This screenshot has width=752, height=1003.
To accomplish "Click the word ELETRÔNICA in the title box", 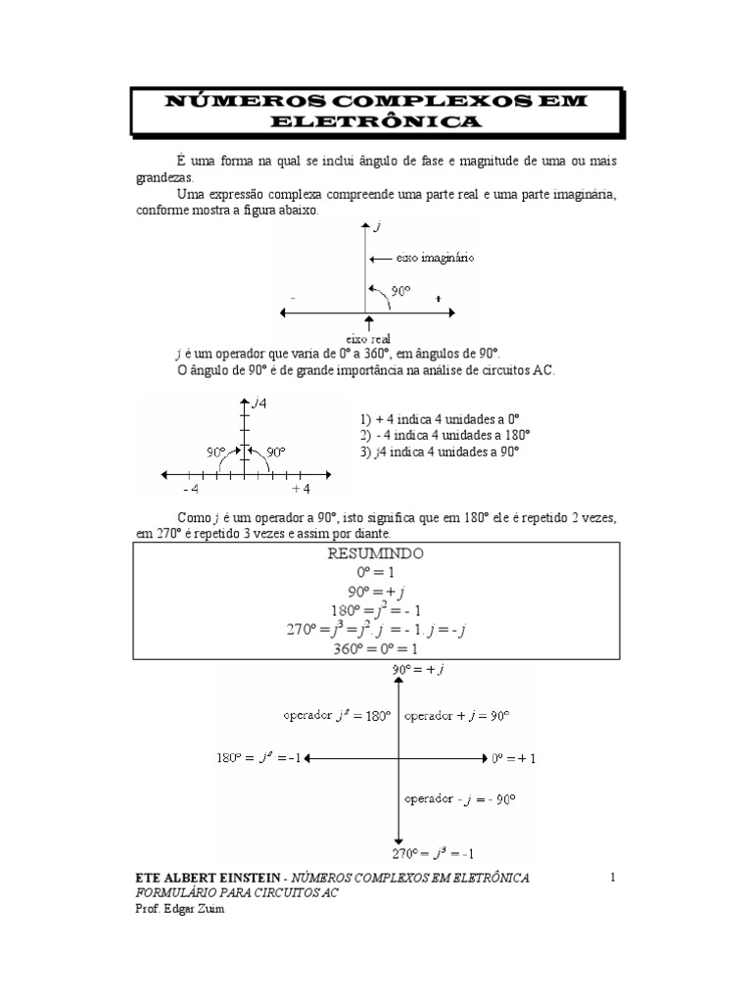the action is pos(375,122).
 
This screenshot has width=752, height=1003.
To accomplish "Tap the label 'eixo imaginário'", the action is pos(435,258).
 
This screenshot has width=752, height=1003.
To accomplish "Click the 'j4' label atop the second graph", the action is pos(259,402).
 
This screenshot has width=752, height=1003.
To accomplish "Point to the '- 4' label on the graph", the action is pos(190,489).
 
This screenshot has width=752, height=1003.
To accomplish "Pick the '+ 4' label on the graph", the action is pos(300,489).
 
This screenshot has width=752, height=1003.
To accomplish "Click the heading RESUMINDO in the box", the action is pos(376,553).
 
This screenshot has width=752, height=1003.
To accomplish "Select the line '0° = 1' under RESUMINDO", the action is pos(376,572).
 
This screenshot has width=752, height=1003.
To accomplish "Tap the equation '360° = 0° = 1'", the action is pos(376,648).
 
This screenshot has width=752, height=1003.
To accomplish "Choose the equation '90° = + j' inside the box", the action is pos(376,592).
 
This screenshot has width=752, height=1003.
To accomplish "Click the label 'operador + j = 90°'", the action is pos(456,716).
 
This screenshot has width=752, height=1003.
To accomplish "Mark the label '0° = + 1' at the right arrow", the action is pos(513,758).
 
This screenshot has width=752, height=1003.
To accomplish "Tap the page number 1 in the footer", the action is pos(612,878).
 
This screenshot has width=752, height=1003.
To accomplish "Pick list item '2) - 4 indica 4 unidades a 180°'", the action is pos(445,435).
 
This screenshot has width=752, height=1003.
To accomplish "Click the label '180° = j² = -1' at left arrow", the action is pos(260,758).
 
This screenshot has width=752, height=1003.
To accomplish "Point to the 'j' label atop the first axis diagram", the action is pos(377,227).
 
